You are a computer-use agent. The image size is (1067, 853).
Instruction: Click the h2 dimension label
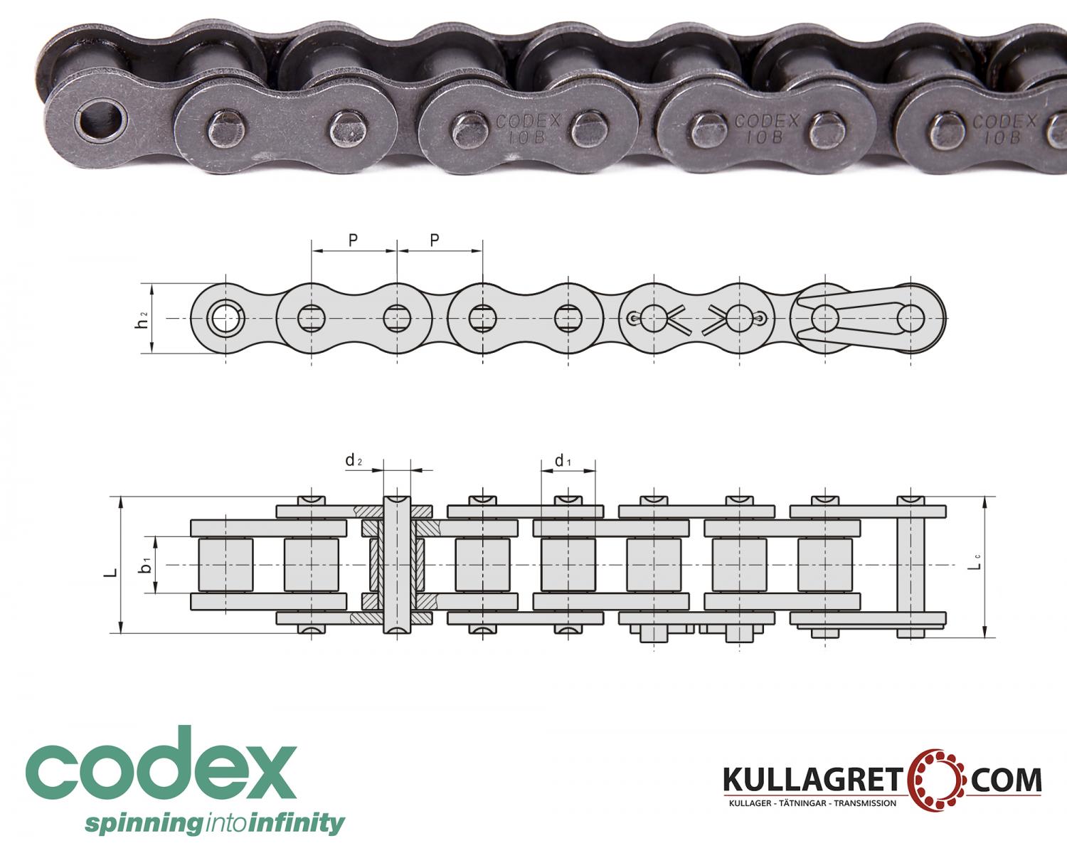pos(143,319)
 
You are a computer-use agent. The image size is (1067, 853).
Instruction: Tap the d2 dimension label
pos(354,461)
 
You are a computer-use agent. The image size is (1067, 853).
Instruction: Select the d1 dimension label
pos(563,461)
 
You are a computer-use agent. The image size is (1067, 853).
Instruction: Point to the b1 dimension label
pos(145,565)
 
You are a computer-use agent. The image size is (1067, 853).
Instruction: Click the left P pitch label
pos(354,240)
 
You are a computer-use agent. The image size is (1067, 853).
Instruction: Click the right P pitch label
pos(435,240)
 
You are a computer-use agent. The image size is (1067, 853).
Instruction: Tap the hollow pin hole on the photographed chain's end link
pos(100,122)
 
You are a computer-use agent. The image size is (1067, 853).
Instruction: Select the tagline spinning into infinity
pos(214,824)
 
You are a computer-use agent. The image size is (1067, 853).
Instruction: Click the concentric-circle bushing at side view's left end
pos(225,319)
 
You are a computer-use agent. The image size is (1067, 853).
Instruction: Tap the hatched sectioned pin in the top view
pos(397,564)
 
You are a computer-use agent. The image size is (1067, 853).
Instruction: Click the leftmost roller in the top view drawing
pos(225,564)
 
